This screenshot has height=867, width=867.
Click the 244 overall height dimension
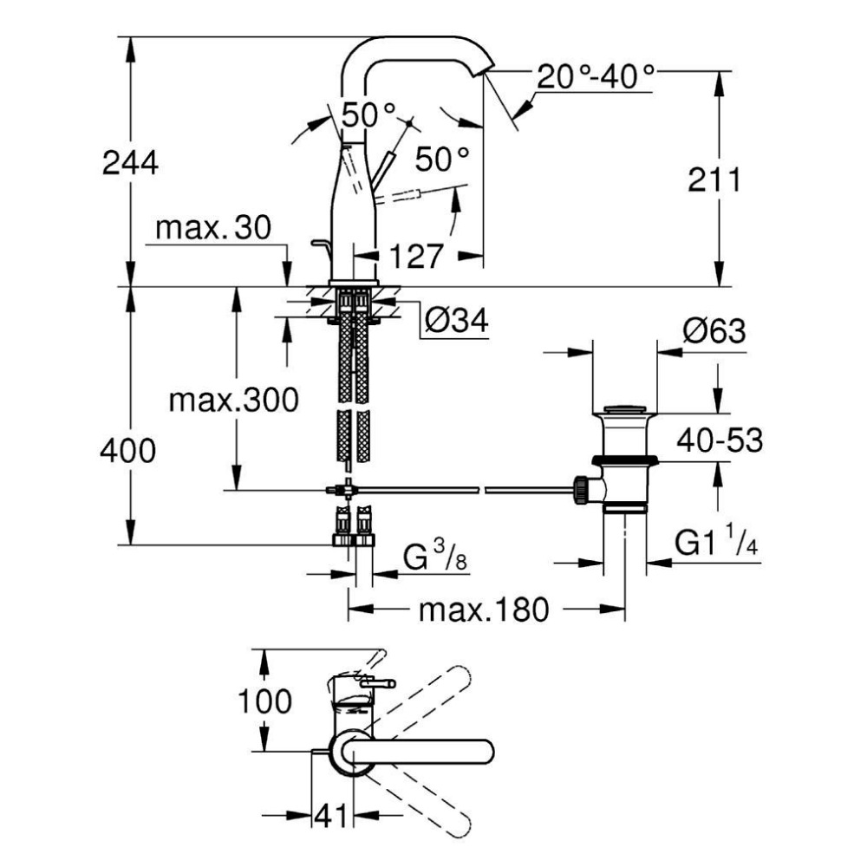point(130,162)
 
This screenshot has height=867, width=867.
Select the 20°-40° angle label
point(595,78)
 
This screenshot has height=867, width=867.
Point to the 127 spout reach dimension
point(415,256)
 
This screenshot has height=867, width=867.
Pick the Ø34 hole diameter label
point(456,322)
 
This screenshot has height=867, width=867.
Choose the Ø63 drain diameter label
point(714,331)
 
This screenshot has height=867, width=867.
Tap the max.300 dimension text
point(233,400)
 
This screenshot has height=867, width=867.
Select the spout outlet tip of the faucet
point(483,68)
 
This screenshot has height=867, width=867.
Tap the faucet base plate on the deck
point(354,283)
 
